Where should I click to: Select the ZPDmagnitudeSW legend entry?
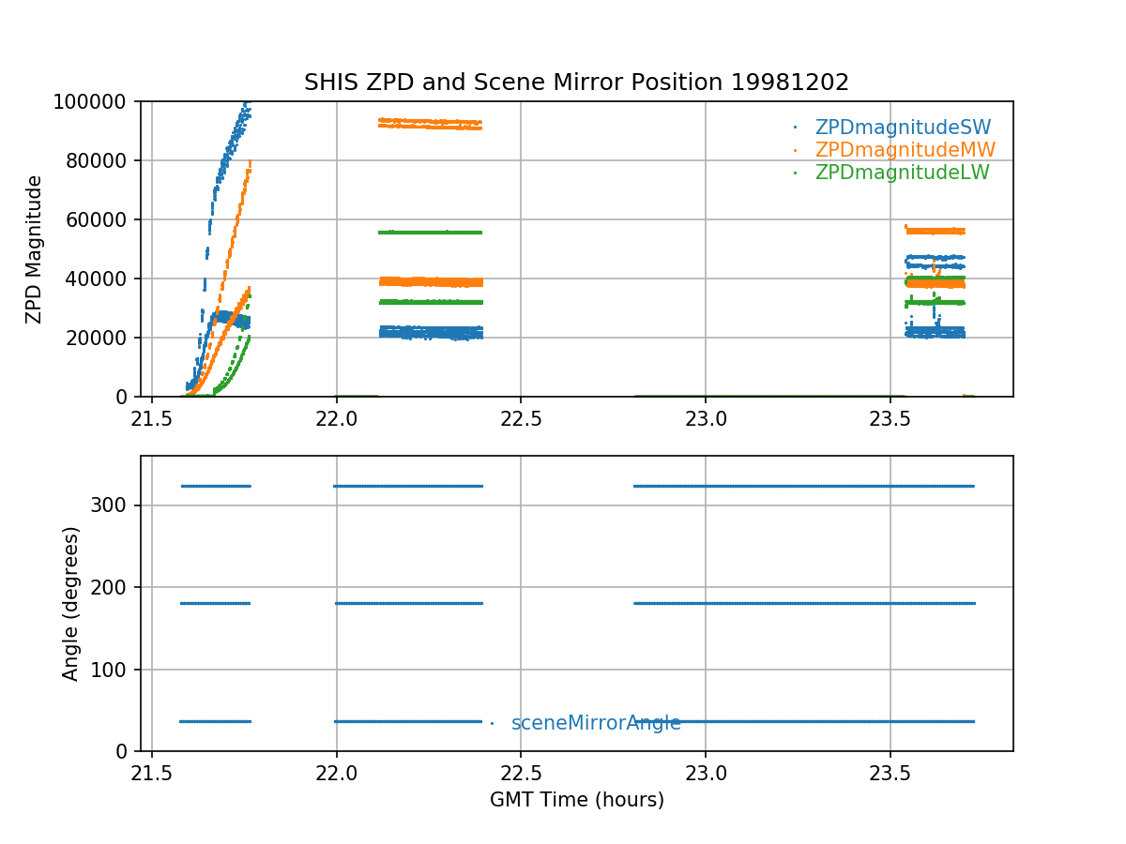903,128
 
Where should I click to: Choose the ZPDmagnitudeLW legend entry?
902,173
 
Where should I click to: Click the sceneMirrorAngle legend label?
596,723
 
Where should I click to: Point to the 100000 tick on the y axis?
97,101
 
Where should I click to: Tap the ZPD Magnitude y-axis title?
35,249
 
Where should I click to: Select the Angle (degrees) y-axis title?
71,603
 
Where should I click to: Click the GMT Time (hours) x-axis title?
577,800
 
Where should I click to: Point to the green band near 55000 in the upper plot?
430,232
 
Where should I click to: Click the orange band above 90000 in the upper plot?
430,122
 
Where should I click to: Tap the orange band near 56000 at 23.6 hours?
935,231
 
